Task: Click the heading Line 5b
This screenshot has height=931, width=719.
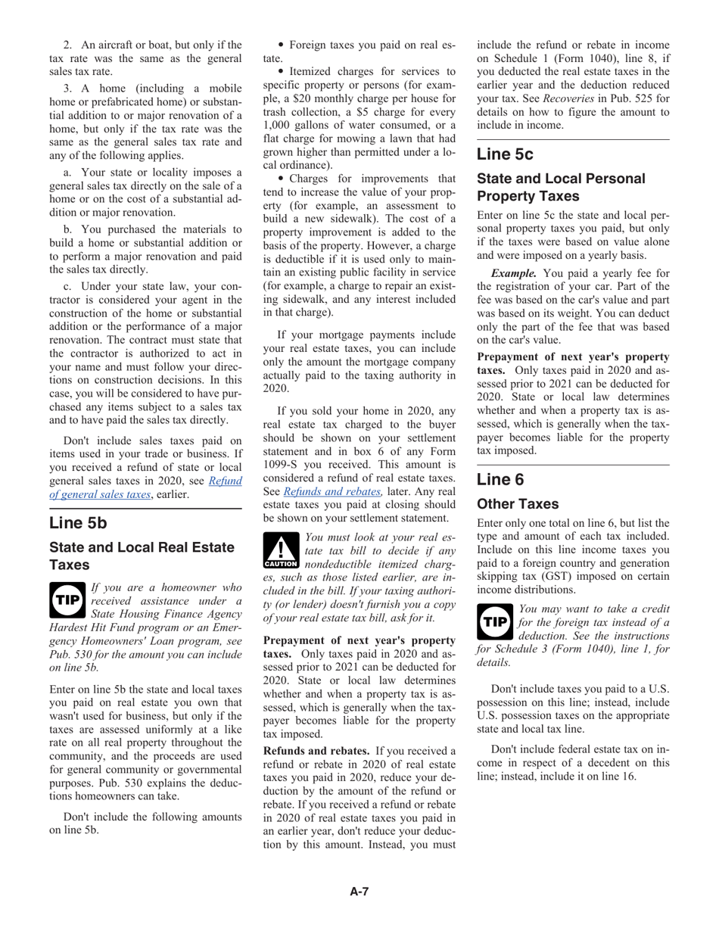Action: [78, 523]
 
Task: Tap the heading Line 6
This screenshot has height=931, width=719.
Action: [500, 480]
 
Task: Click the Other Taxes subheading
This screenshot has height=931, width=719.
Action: [518, 504]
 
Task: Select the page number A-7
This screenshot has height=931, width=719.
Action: [359, 892]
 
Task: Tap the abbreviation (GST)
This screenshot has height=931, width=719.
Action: [587, 576]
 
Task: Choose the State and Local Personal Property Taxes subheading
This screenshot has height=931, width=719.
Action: [561, 188]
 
